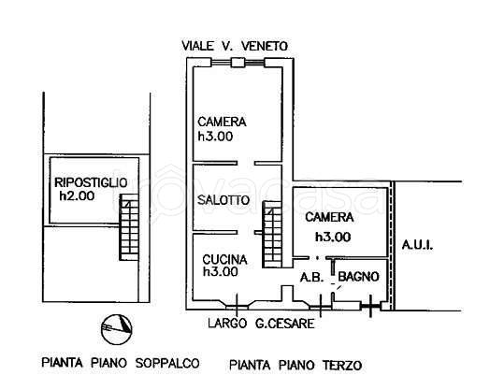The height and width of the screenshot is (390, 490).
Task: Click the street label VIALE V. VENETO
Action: pos(236,45)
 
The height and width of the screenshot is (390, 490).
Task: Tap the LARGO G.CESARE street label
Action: pos(261,324)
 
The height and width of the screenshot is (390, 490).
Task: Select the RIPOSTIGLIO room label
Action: pos(90,181)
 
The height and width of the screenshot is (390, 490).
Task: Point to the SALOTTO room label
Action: pos(223,200)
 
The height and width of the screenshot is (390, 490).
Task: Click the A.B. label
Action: pos(310,277)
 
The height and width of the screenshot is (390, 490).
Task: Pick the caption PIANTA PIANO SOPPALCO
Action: pos(101,361)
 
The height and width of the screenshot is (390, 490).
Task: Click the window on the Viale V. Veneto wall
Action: pos(239,63)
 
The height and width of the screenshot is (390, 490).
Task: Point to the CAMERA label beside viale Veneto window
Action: pos(222,122)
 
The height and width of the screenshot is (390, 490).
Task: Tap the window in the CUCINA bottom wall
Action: pos(238,302)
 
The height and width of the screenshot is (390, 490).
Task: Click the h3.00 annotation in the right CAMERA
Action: pos(332,237)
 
